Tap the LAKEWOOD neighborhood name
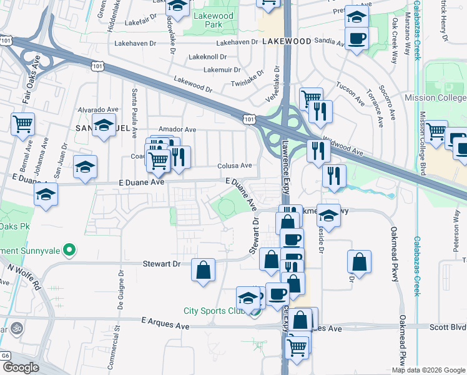point(287,41)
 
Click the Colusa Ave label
point(234,166)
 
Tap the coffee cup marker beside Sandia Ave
point(356,39)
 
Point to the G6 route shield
point(6,355)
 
